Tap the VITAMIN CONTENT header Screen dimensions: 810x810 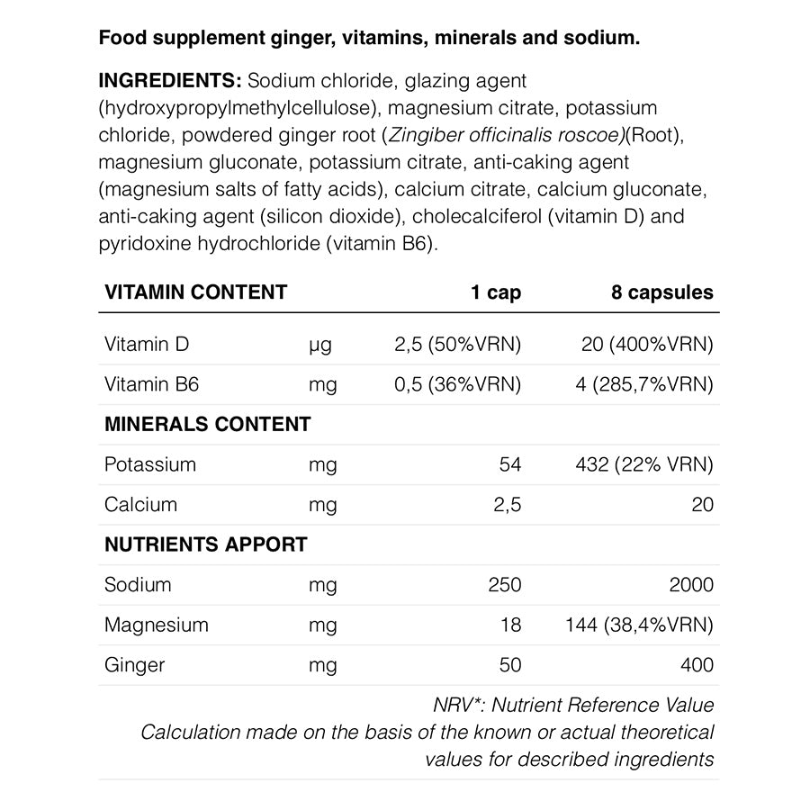pos(195,292)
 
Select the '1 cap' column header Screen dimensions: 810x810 pos(496,292)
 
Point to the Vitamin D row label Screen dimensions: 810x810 pos(147,345)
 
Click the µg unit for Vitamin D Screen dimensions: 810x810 pos(320,345)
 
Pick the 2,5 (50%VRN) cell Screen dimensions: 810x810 pos(459,345)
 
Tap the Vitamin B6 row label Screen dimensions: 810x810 pos(151,384)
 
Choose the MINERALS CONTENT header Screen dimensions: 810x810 pos(207,424)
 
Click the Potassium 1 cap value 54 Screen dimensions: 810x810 pos(509,464)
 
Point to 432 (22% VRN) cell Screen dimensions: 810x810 pos(644,464)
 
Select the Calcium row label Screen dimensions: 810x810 pos(140,505)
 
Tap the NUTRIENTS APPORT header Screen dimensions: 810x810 pos(205,544)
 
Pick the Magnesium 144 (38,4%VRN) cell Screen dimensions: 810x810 pos(640,625)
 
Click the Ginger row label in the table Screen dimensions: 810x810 pos(134,665)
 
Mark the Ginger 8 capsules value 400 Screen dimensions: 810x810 pos(697,665)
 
